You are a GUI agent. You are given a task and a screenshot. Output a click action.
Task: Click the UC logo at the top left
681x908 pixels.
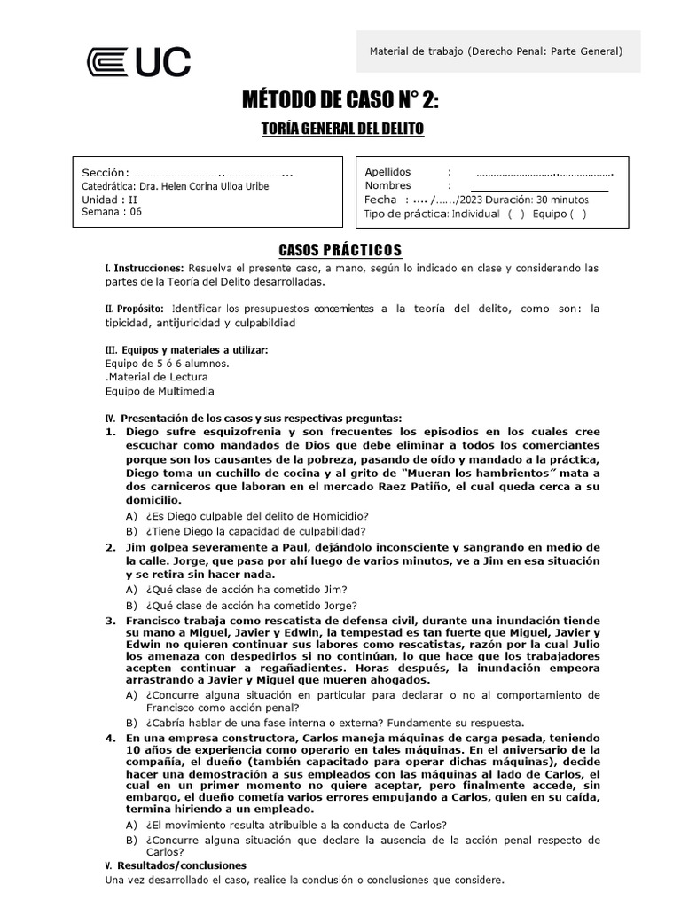click(138, 61)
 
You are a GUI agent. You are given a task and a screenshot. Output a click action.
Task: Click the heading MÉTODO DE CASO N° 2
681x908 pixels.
click(340, 101)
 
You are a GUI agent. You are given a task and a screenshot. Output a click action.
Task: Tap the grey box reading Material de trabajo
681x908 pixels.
click(496, 51)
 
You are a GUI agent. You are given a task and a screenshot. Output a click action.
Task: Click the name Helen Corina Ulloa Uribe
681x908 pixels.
click(203, 186)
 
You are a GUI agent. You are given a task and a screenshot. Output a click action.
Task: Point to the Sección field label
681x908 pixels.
click(106, 172)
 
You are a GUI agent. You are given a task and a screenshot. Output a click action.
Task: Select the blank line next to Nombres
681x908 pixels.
click(539, 187)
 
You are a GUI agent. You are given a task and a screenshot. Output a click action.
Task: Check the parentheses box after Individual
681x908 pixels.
click(516, 215)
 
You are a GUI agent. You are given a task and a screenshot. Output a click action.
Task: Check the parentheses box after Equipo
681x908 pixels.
click(577, 215)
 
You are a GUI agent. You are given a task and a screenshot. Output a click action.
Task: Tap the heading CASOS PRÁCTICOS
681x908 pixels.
click(340, 250)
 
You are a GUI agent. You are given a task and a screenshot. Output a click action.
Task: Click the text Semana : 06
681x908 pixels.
click(112, 212)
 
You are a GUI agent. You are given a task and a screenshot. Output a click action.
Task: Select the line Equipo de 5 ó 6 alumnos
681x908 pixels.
click(167, 363)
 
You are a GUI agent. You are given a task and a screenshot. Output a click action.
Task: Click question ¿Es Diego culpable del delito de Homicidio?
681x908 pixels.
click(258, 516)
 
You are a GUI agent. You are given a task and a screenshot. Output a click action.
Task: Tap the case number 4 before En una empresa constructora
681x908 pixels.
click(110, 737)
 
